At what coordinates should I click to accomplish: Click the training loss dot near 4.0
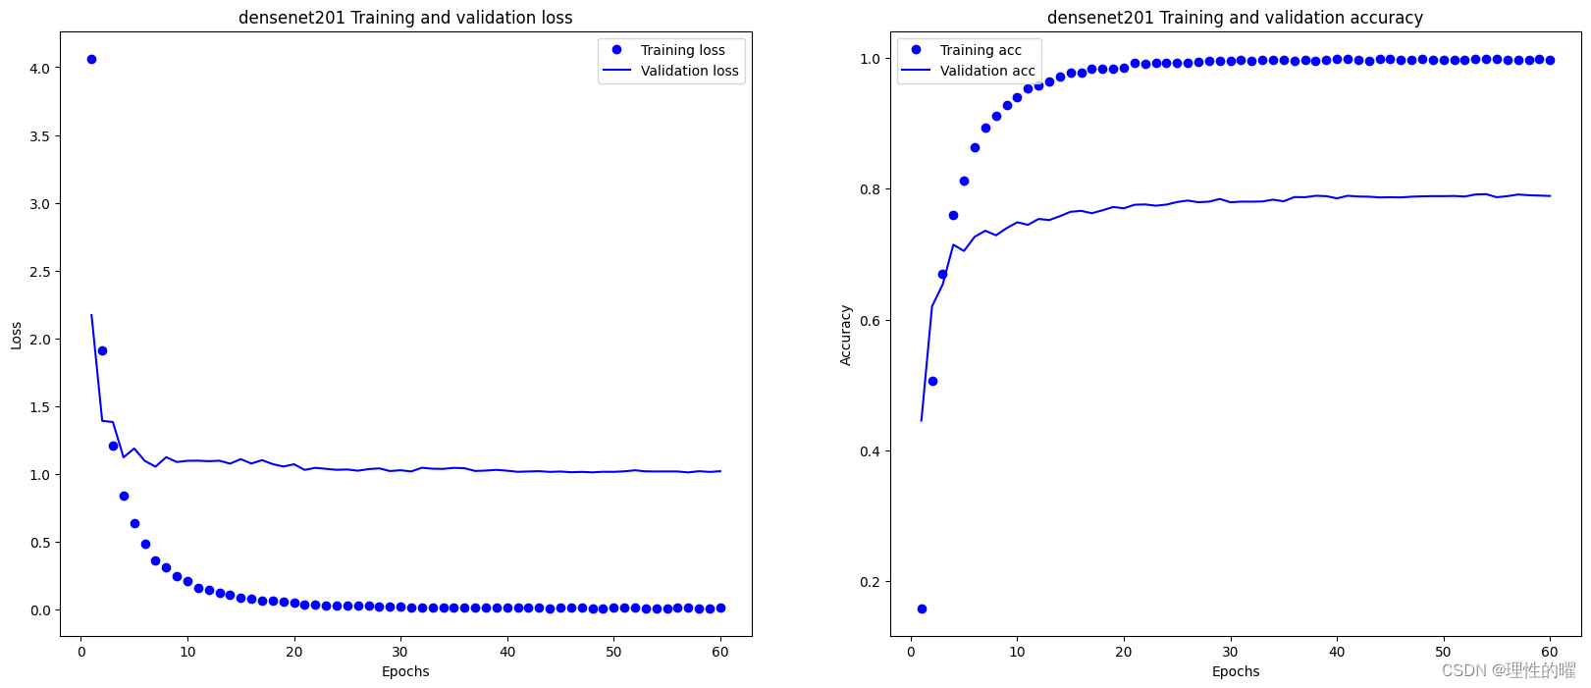coord(91,59)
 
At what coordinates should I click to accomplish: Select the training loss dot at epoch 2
coord(102,350)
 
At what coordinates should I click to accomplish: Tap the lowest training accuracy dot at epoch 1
coord(922,609)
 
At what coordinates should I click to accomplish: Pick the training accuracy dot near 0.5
coord(932,381)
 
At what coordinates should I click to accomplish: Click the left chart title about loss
coord(405,18)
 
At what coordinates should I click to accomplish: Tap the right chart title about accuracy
coord(1235,18)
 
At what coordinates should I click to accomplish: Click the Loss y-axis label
coord(17,336)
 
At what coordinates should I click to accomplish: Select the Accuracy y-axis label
coord(846,336)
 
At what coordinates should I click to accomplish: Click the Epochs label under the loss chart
coord(405,671)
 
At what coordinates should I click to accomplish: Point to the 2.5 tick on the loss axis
coord(39,272)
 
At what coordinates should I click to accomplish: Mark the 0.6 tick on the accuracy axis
coord(870,321)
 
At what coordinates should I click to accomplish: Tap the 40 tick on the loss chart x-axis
coord(507,652)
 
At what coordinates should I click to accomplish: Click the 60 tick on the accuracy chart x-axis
coord(1550,652)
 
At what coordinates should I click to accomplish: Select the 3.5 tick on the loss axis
coord(39,136)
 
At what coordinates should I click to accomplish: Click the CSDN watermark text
coord(1508,670)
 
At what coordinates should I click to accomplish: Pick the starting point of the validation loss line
coord(91,315)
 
